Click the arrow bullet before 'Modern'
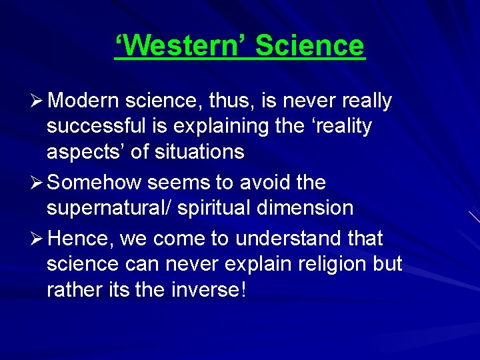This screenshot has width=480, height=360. pyautogui.click(x=37, y=101)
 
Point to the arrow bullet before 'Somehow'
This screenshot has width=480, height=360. pyautogui.click(x=37, y=183)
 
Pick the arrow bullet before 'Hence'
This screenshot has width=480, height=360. pyautogui.click(x=37, y=238)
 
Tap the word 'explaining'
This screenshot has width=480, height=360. pyautogui.click(x=221, y=126)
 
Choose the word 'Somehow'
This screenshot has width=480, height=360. pyautogui.click(x=95, y=183)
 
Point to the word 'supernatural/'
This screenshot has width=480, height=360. pyautogui.click(x=111, y=208)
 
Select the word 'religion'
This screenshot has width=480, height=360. pyautogui.click(x=329, y=264)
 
